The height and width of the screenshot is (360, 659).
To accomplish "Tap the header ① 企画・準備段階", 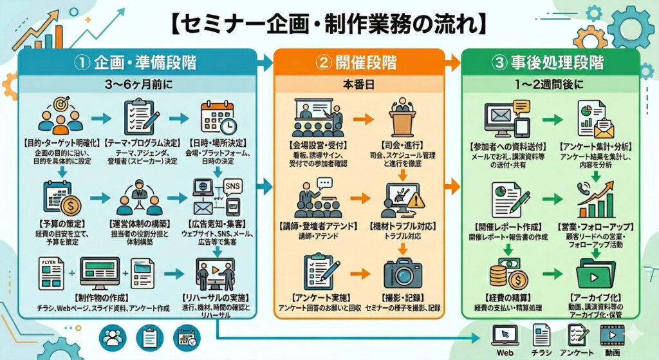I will point(135,63).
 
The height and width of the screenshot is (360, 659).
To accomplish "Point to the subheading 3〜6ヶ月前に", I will point(135,84).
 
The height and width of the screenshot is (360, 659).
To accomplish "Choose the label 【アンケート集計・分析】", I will point(596,147).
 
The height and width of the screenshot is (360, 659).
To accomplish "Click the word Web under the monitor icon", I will point(505,353).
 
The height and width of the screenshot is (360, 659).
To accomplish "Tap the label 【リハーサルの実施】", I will point(218,297).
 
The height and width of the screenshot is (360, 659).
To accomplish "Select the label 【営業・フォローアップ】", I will point(596,227).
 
